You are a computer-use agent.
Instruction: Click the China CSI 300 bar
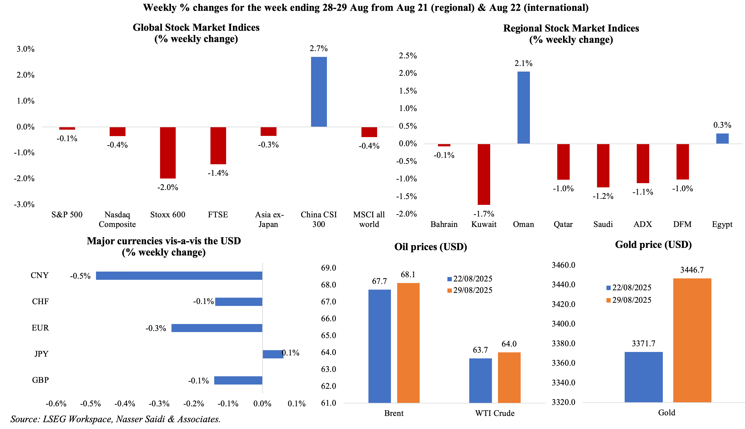coord(319,92)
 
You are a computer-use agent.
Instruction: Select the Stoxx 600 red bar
coord(168,153)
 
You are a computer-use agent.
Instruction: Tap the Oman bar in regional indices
coord(524,108)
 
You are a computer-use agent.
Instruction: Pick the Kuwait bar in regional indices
coord(484,174)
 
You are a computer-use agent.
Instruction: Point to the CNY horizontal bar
coord(179,275)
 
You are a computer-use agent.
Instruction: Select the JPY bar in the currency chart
coord(273,354)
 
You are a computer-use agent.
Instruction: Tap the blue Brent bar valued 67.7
coord(379,346)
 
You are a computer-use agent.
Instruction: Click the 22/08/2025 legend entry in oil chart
coord(470,279)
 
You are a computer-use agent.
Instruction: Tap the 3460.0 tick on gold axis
coord(563,265)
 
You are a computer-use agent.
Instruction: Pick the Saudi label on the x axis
coord(603,224)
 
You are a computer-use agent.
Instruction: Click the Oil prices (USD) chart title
coord(431,247)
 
